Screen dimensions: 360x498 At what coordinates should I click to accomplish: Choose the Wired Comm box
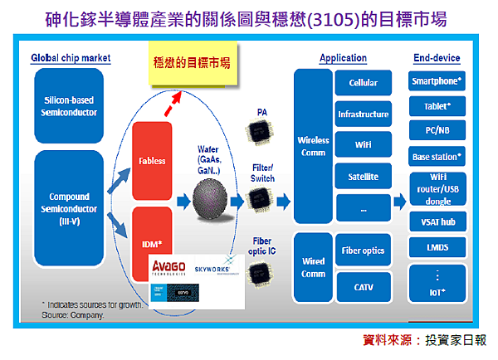coord(313,268)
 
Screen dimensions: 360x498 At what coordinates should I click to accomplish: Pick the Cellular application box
coord(363,83)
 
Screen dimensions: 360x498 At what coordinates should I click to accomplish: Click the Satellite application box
coord(363,177)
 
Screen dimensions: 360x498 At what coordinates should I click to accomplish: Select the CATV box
coord(363,287)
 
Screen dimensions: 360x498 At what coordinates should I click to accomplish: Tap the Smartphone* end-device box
coord(437,81)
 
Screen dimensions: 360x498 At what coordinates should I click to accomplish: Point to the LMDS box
coord(437,247)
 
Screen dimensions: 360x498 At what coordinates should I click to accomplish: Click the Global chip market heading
coord(71,58)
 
